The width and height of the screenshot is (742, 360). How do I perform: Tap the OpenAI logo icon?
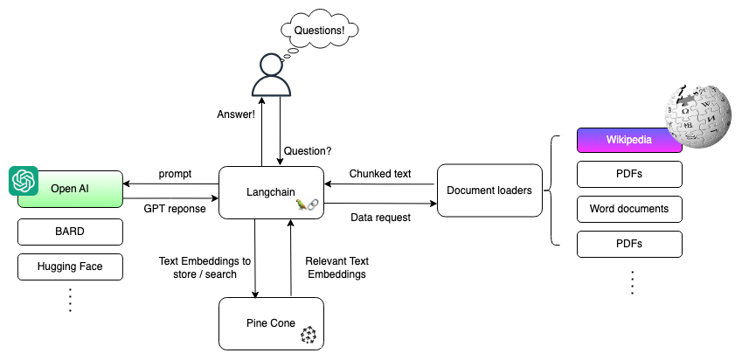pyautogui.click(x=23, y=181)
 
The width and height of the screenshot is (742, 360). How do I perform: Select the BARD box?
pyautogui.click(x=70, y=232)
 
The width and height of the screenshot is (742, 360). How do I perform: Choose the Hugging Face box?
pyautogui.click(x=70, y=267)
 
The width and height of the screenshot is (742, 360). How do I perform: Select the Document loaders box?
pyautogui.click(x=489, y=190)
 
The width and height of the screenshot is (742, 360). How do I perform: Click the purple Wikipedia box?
pyautogui.click(x=630, y=141)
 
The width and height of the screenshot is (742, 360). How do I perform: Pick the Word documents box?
pyautogui.click(x=630, y=209)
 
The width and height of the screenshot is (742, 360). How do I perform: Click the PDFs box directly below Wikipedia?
pyautogui.click(x=630, y=174)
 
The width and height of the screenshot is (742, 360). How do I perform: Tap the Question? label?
pyautogui.click(x=309, y=150)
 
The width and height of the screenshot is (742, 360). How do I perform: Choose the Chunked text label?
pyautogui.click(x=380, y=173)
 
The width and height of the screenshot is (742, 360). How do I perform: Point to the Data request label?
pyautogui.click(x=380, y=217)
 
